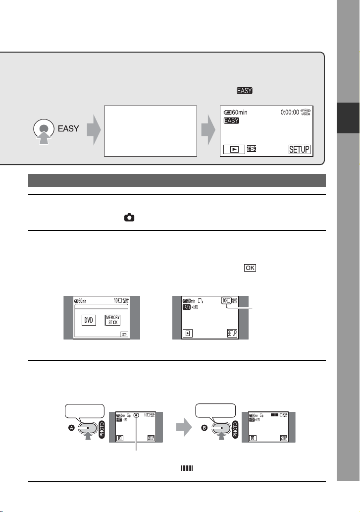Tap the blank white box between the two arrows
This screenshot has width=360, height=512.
(151, 130)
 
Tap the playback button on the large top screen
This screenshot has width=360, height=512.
(234, 149)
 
